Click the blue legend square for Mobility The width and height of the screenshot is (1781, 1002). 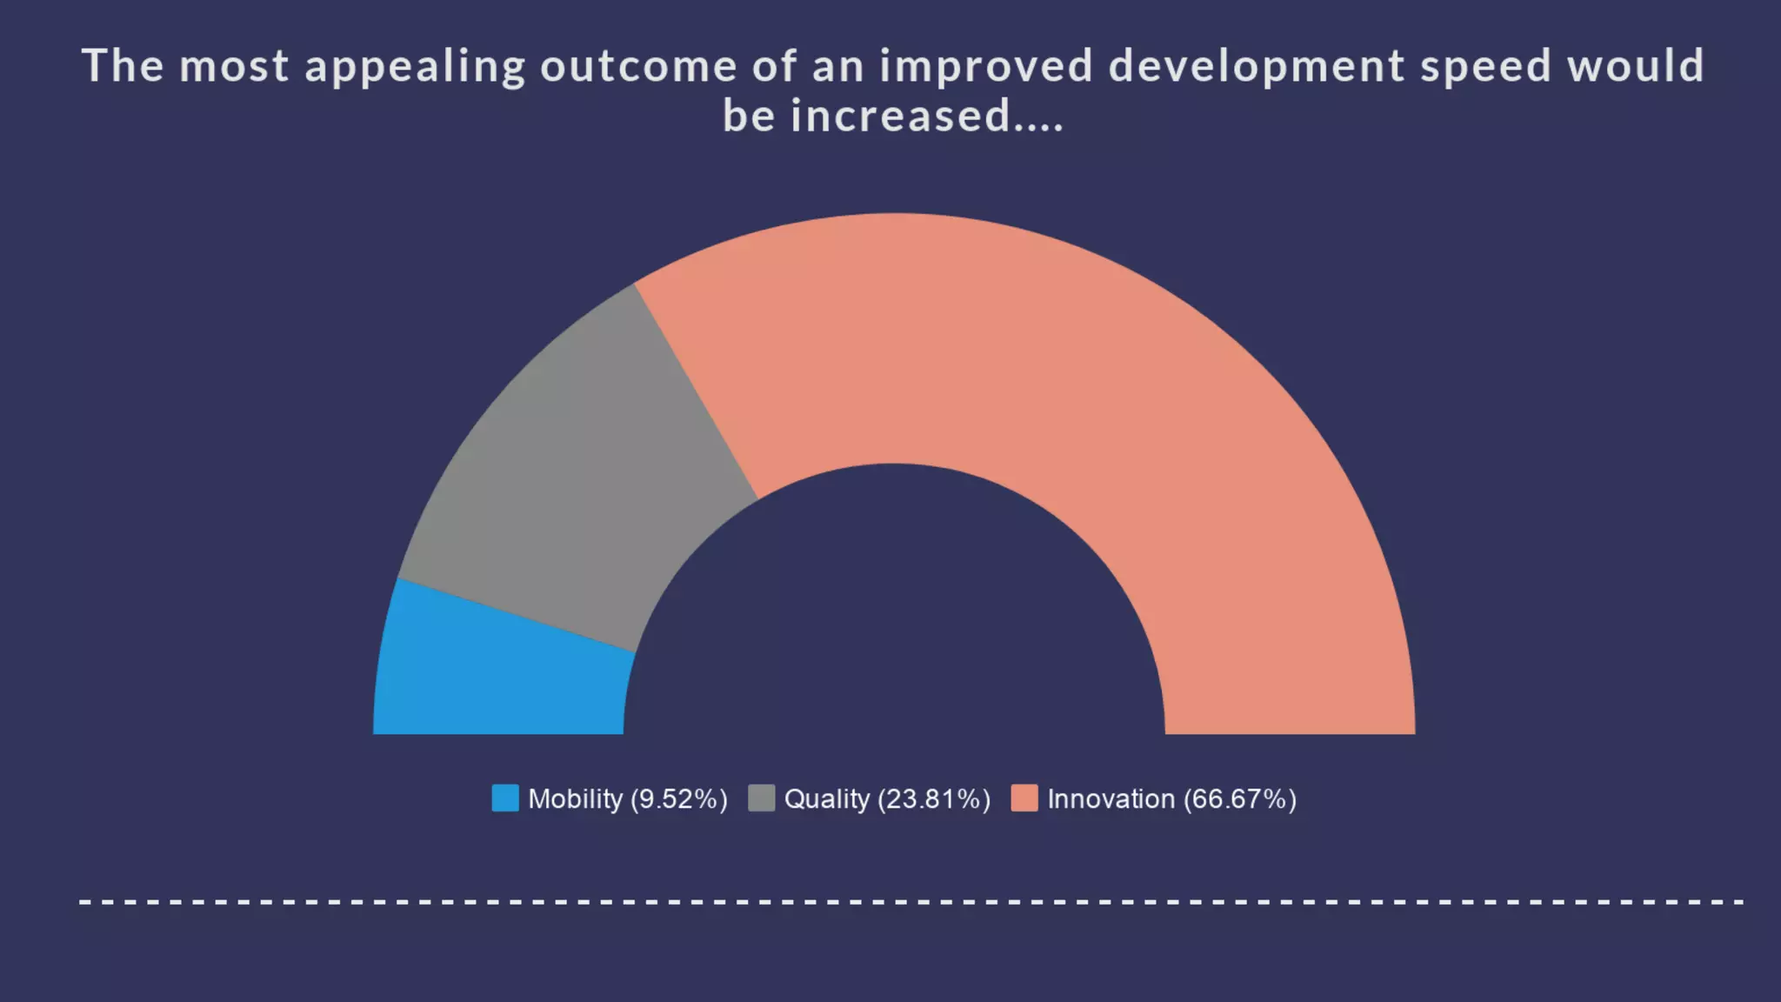[505, 798]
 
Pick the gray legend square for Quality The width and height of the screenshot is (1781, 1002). [761, 798]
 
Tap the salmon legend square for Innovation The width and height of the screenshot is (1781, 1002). [1024, 798]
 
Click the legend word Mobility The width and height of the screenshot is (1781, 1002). [575, 798]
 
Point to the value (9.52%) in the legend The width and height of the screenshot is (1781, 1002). [678, 798]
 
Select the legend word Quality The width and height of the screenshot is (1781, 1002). [826, 798]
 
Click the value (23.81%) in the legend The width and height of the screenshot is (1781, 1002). [934, 798]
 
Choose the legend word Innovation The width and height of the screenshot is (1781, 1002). [1111, 798]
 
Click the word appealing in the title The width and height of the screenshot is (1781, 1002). [415, 68]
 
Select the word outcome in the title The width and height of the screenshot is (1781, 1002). [638, 66]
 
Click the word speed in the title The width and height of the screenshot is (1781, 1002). [1486, 68]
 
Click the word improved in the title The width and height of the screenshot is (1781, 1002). [985, 68]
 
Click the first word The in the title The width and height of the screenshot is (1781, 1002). [123, 66]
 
